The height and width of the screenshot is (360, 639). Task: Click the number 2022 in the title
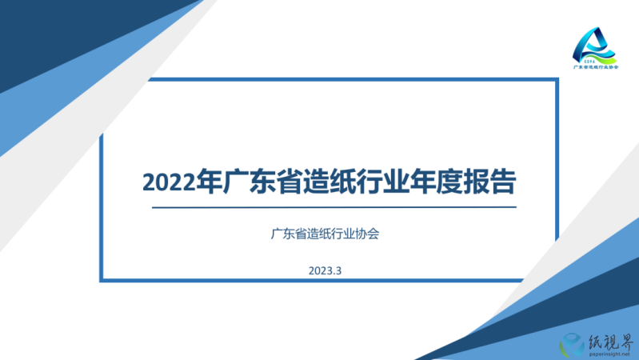click(x=169, y=182)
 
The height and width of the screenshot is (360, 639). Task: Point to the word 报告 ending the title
click(x=489, y=181)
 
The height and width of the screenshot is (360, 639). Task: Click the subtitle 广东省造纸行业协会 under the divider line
click(x=325, y=234)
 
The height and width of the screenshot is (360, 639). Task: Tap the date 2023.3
click(x=325, y=270)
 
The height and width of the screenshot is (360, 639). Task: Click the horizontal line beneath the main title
click(x=334, y=207)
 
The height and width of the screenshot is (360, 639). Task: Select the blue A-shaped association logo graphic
click(x=594, y=46)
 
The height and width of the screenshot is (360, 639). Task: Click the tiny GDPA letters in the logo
click(x=589, y=62)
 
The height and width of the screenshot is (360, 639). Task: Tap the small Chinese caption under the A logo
click(x=596, y=67)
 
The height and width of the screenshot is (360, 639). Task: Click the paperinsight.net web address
click(x=609, y=354)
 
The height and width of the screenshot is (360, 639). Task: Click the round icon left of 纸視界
click(x=573, y=345)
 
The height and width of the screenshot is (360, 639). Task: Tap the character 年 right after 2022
click(x=209, y=181)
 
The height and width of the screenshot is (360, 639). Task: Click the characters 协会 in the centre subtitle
click(x=367, y=234)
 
